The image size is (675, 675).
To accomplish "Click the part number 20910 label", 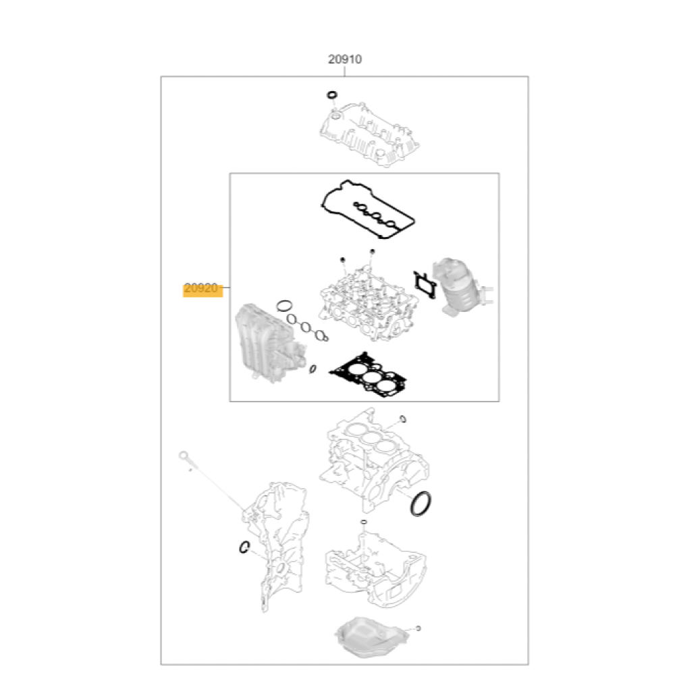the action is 345,59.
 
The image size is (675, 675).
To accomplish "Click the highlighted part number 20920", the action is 201,288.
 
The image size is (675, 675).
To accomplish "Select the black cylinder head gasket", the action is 369,374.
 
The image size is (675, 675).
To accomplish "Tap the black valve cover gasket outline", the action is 367,209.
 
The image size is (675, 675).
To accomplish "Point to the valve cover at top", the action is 369,134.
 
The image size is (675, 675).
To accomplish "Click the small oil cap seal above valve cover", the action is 332,94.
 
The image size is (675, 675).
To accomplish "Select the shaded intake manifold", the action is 269,342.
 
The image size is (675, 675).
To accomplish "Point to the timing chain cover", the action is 280,545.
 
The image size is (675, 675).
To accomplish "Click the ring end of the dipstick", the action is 184,456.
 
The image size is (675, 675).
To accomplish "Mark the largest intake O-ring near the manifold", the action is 284,306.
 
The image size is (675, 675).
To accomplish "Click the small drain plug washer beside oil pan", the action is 418,628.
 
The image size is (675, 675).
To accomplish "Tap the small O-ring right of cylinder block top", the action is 403,419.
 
